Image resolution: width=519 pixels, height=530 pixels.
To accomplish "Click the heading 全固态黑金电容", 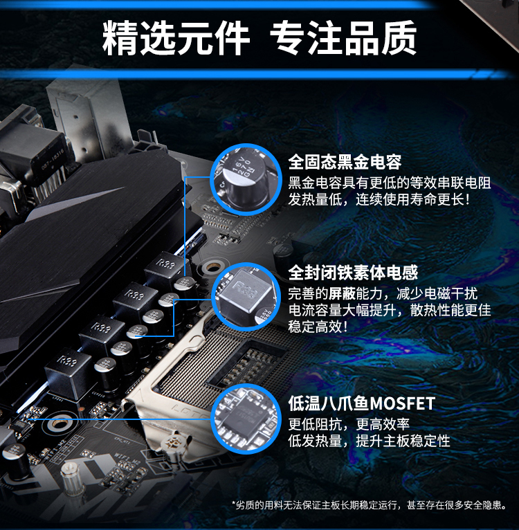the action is pos(345,162).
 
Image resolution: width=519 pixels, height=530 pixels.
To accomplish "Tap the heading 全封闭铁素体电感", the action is pos(353,273).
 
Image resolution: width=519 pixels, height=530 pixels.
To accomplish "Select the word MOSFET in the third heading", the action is pos(402,403).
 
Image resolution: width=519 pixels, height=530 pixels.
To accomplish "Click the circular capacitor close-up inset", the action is pos(246,179).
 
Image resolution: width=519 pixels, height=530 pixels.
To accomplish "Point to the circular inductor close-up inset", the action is pos(246,296).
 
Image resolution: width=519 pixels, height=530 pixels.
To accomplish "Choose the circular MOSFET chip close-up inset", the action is pos(246,419).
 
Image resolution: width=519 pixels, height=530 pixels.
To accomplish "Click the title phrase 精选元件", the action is pos(176,38).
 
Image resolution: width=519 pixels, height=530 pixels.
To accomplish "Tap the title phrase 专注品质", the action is pos(343,38).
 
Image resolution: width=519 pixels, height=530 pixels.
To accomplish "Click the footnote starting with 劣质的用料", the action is pos(370,505).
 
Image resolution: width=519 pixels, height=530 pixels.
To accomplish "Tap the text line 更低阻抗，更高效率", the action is pos(349,424).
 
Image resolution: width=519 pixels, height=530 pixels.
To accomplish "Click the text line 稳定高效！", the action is pos(318,327).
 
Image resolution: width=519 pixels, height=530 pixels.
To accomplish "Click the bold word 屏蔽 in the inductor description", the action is pos(342,294).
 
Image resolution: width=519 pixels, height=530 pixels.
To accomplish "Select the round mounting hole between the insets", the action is pos(212,267).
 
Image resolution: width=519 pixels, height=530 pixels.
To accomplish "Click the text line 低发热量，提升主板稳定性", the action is pos(370,441).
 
